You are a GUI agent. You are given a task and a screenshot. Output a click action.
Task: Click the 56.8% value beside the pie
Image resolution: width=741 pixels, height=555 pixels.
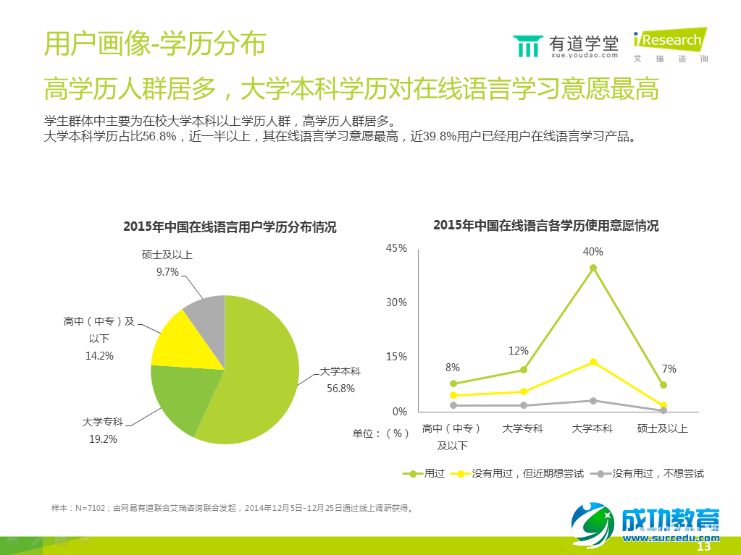coord(340,388)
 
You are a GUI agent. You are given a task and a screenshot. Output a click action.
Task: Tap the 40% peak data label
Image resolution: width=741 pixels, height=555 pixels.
coord(593,252)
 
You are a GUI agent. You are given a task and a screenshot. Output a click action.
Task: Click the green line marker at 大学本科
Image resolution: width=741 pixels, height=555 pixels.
coord(593,268)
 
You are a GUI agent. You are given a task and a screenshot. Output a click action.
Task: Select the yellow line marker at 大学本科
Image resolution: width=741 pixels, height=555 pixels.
coord(593,362)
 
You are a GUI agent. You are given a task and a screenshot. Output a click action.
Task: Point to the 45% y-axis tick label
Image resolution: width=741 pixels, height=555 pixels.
coord(396,248)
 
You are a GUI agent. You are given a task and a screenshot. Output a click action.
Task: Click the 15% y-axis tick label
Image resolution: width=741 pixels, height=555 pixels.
coord(396,357)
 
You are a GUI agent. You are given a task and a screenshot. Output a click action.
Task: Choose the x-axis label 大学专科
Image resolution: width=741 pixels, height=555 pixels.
coord(522,428)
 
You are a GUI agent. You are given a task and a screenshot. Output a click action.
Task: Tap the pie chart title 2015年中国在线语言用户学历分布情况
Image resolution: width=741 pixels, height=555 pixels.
coord(230,226)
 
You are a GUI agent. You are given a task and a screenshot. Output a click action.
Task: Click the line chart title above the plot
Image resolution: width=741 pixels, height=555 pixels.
coord(545,225)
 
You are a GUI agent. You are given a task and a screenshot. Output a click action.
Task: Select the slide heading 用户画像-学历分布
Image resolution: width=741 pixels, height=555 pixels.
coord(154,43)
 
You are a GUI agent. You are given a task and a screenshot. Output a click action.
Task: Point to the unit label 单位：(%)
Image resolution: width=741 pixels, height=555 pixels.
coord(380,433)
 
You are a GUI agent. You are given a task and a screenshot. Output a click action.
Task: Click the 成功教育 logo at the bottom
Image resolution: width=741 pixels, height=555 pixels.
coord(645,522)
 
